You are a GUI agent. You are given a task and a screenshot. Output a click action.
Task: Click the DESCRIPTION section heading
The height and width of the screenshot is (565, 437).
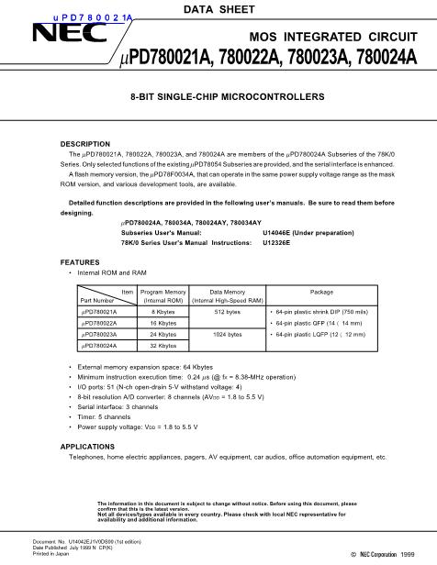[x=85, y=144]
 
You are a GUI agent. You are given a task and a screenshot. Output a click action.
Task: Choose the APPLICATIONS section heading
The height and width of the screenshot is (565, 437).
[x=87, y=446]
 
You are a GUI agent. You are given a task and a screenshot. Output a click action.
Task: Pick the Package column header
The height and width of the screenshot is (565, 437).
[x=321, y=291]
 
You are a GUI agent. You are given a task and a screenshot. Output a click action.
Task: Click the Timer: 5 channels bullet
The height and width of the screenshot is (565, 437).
[x=117, y=418]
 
